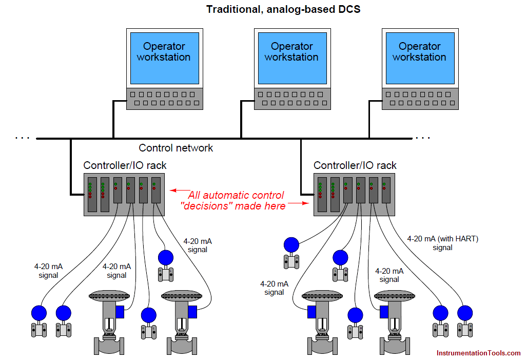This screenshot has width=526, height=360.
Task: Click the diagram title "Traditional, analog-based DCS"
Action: (x=283, y=9)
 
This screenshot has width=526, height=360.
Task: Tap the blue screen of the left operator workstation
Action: (x=164, y=58)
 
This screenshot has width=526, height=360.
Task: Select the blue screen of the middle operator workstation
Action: (x=291, y=58)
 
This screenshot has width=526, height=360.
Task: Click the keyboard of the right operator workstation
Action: (x=419, y=99)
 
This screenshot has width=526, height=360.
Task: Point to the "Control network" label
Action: (x=176, y=148)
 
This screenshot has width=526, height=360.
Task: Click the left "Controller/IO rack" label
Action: (x=125, y=165)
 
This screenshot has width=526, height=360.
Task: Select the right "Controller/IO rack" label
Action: (x=355, y=165)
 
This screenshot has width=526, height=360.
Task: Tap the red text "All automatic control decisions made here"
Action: (x=235, y=201)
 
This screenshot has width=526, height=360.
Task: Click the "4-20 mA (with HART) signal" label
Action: (x=442, y=243)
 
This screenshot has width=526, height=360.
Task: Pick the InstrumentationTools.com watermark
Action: (x=478, y=353)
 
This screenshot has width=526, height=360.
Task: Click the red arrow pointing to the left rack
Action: (x=178, y=191)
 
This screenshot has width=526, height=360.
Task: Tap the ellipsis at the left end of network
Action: (x=22, y=138)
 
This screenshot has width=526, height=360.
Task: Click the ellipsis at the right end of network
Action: (x=423, y=138)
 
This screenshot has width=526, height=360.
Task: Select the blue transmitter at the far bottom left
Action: (x=38, y=313)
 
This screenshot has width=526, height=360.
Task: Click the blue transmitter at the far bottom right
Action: (x=465, y=313)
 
